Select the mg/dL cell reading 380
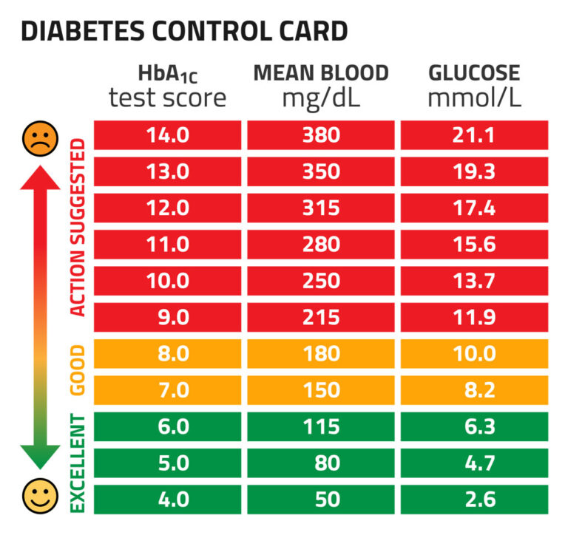click(x=321, y=136)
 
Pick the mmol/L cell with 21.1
click(x=474, y=136)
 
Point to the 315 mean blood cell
click(x=321, y=208)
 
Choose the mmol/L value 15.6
click(x=474, y=245)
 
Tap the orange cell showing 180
click(x=321, y=354)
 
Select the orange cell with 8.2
click(x=474, y=390)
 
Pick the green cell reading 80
click(x=321, y=463)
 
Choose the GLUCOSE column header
click(x=474, y=73)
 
